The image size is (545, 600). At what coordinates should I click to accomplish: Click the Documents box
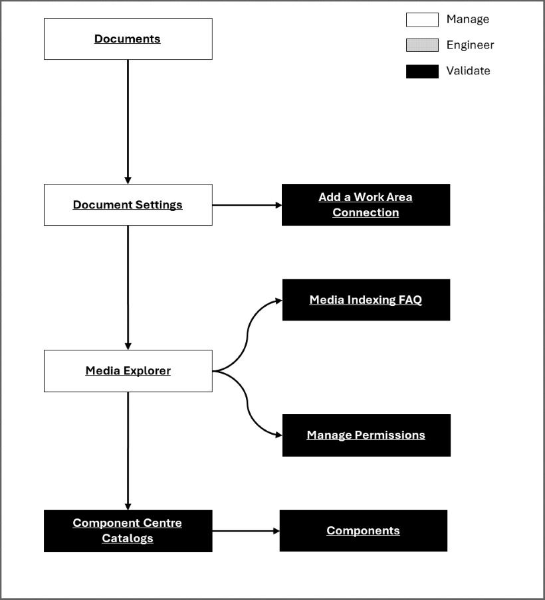pos(128,38)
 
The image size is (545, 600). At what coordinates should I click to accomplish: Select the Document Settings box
pos(128,204)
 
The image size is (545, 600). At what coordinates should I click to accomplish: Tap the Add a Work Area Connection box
pos(366,204)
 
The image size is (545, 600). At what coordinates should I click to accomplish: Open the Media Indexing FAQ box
pos(366,299)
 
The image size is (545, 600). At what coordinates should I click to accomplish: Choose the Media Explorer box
pos(128,370)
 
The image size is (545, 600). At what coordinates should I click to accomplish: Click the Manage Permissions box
pos(366,435)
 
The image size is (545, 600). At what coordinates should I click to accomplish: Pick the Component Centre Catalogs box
pos(128,530)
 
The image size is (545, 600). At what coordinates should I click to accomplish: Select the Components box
pos(363,530)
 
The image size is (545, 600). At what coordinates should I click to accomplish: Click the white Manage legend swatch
pos(422,20)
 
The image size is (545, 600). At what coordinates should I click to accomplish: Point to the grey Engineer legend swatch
pos(422,45)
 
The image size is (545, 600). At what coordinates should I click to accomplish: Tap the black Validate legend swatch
pos(422,71)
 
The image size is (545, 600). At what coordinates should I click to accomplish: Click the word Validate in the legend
pos(468,71)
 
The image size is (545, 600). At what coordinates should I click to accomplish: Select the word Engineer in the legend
pos(470,45)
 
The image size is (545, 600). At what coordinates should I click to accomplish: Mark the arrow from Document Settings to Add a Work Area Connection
pos(247,205)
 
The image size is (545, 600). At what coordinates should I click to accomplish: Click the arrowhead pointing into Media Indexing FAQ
pos(278,300)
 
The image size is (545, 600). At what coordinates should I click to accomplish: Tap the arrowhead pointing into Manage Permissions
pos(278,435)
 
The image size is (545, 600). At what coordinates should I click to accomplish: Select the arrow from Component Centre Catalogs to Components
pos(245,531)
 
